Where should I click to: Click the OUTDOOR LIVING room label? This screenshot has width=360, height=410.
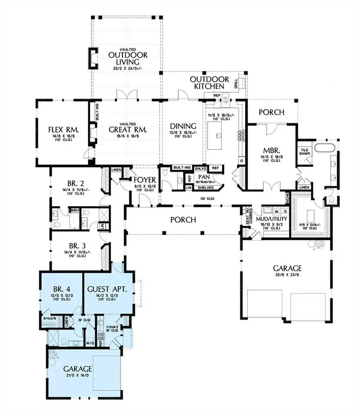click(128, 60)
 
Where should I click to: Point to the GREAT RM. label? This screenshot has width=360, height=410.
click(128, 129)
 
